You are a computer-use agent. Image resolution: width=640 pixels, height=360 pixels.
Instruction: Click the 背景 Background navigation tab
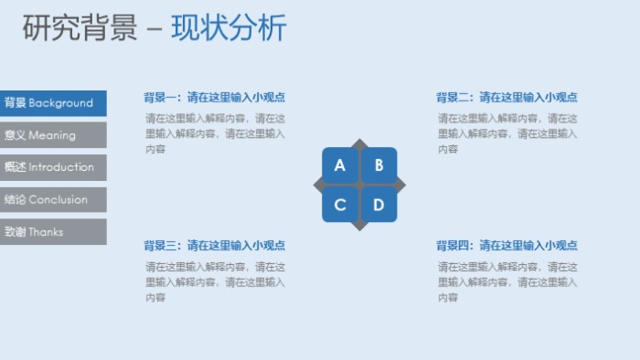tap(52, 103)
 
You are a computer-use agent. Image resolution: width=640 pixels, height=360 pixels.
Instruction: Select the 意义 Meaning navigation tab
tap(52, 135)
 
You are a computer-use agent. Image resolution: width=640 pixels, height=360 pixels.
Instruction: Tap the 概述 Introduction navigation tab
tap(52, 167)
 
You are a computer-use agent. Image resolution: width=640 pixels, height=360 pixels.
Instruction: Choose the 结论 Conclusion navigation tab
tap(52, 200)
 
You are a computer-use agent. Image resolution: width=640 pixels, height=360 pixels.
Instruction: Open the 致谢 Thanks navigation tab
tap(52, 232)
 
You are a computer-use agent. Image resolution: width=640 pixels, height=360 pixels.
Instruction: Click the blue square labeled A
tap(340, 165)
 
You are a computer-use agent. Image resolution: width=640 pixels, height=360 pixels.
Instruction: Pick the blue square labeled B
tap(379, 165)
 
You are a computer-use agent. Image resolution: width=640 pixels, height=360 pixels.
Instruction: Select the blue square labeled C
tap(340, 204)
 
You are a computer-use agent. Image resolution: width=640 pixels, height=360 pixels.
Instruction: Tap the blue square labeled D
tap(379, 204)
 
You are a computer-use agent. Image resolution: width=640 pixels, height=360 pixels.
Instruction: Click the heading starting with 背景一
tap(214, 97)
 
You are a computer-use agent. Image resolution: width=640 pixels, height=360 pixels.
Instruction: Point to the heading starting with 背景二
tap(507, 97)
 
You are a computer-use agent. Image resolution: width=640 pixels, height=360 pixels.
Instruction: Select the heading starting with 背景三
tap(214, 246)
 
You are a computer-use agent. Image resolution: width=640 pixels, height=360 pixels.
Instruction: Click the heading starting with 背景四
tap(507, 246)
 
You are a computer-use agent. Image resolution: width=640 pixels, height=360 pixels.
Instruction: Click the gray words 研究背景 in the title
tap(80, 28)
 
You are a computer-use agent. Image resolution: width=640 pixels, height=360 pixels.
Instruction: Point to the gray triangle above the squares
tap(359, 143)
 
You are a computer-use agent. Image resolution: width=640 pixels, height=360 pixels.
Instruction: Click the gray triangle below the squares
tap(359, 226)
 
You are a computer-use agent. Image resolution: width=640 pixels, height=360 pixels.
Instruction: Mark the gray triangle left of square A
tap(318, 185)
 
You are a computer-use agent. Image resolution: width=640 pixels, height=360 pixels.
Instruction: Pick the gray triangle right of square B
tap(400, 185)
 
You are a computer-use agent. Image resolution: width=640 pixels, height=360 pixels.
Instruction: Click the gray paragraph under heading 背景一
tap(214, 133)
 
